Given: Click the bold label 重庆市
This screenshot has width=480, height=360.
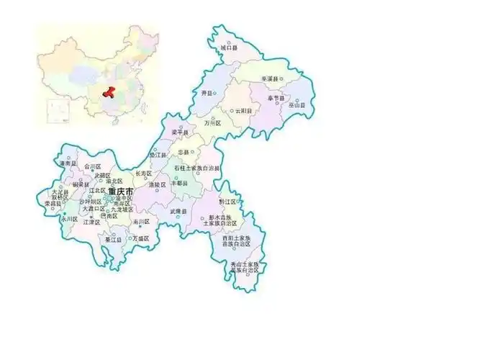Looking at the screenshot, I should click(x=119, y=192).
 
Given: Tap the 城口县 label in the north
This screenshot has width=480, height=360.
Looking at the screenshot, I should click(x=229, y=48).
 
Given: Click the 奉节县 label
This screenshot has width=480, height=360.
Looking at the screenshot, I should click(x=275, y=97).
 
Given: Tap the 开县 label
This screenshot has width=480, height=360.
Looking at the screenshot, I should click(x=207, y=94).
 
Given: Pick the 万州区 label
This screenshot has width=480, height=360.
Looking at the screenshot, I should click(x=212, y=123).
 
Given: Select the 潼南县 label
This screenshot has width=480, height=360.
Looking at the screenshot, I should click(x=68, y=164).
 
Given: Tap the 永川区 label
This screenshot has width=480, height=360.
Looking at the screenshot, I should click(x=70, y=218).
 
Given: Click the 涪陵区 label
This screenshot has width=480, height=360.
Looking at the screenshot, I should click(x=157, y=184).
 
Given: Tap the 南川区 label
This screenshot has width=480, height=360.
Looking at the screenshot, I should click(x=140, y=222).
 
